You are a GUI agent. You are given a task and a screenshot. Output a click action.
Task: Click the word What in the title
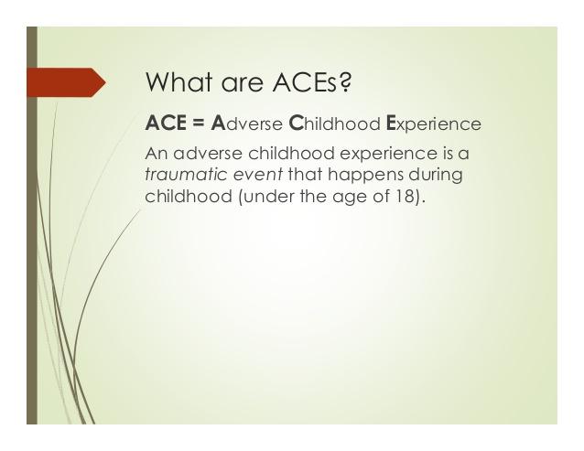point(179,81)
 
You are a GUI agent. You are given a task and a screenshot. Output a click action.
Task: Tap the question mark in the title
point(345,81)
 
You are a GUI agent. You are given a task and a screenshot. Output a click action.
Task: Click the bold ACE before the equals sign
point(166,123)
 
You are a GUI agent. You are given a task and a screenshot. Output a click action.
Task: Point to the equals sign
point(199,123)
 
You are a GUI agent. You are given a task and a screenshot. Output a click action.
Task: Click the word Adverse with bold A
point(246,123)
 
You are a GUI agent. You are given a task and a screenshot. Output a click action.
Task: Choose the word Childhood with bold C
point(334,123)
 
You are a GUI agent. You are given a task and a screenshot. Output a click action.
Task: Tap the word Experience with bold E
point(434,123)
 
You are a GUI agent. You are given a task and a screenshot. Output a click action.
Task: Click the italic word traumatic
point(186,174)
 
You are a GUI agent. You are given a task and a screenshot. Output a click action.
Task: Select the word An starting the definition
point(157,154)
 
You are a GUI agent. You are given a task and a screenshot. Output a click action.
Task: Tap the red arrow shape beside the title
point(66,82)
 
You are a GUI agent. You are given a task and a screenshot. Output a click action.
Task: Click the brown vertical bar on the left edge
point(32,225)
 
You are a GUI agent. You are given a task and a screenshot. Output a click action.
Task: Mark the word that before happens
point(305,174)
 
